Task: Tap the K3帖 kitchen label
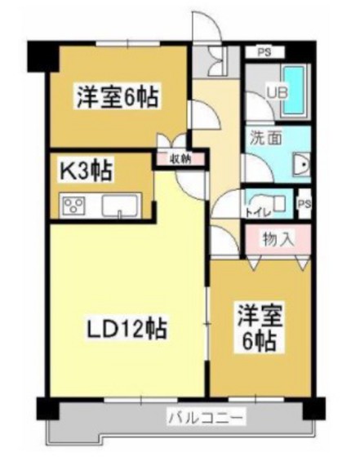(x=86, y=172)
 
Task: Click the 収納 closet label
(x=180, y=160)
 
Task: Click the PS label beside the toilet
(x=304, y=203)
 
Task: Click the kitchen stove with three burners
(x=74, y=205)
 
